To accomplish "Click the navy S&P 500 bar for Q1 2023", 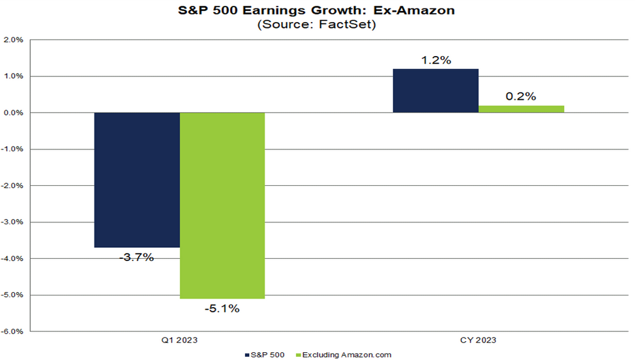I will point(137,179).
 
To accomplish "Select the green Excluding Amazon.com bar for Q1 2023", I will point(222,205).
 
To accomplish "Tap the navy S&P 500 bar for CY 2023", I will point(436,91).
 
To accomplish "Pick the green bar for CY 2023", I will point(521,109).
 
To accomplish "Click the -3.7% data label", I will point(137,257).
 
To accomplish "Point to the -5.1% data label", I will point(222,308).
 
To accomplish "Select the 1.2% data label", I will point(436,60).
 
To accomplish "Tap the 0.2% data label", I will point(521,97).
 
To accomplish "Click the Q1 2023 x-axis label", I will point(180,340).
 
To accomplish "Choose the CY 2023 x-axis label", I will point(479,340).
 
